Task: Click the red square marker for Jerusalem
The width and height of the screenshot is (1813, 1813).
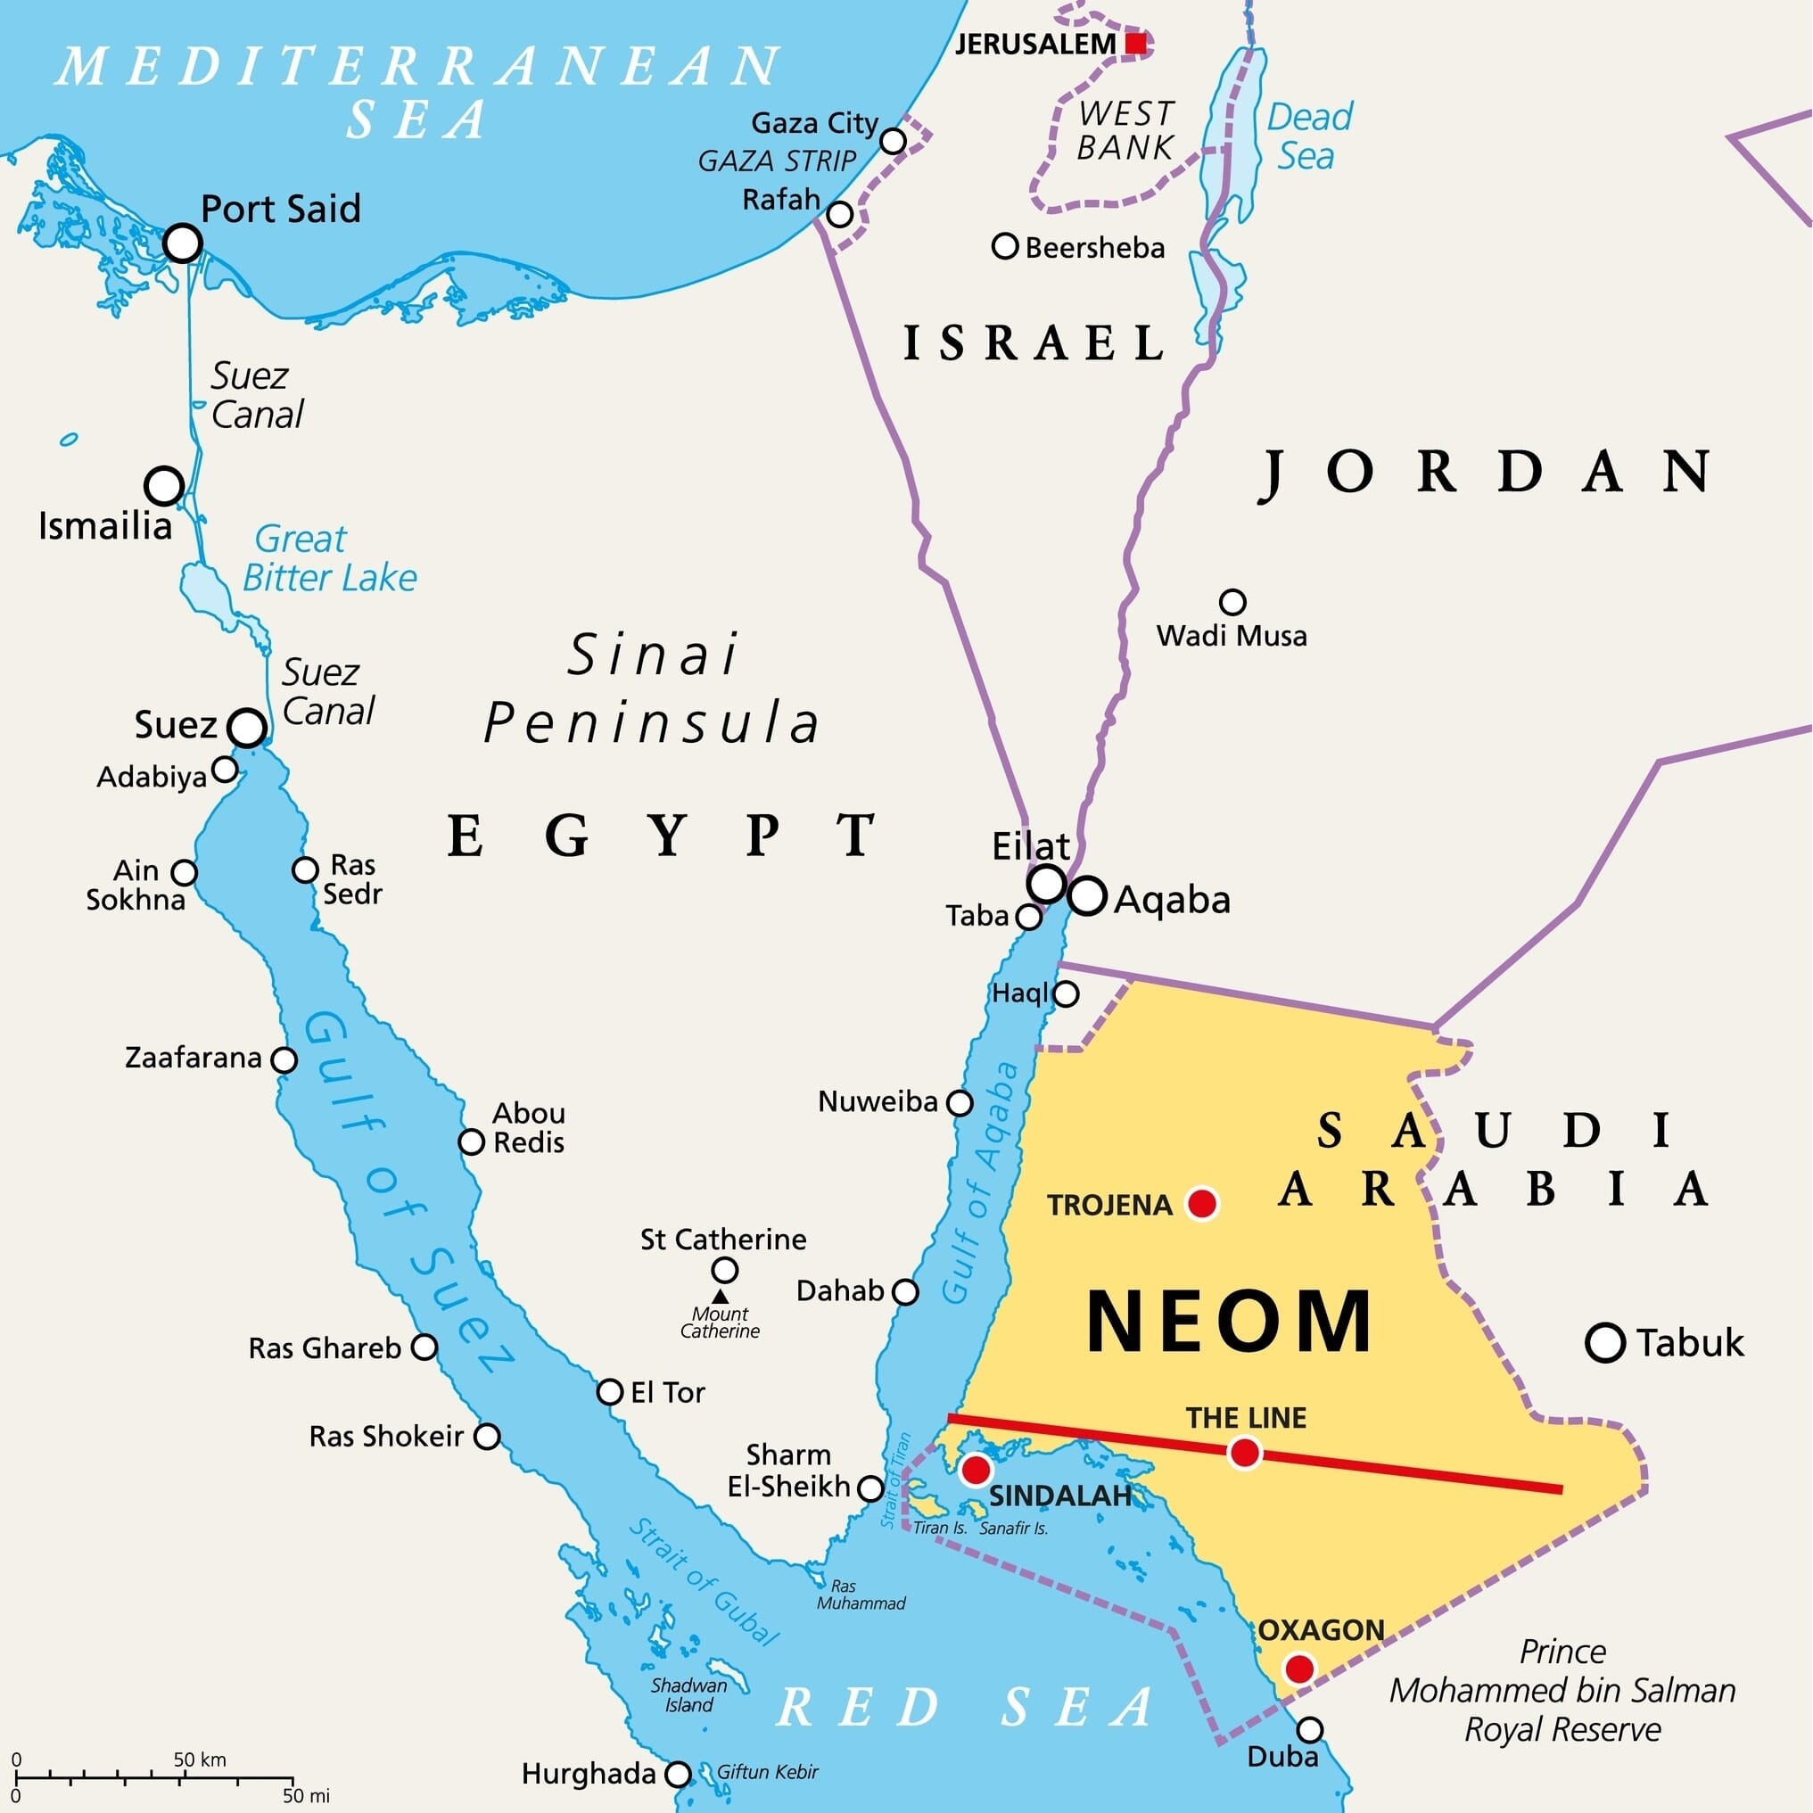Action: point(1135,43)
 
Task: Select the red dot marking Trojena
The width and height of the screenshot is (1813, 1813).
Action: point(1202,1203)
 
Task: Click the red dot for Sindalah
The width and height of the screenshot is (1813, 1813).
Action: point(976,1469)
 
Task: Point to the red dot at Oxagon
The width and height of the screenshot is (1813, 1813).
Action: point(1299,1669)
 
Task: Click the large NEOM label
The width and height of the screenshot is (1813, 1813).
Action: point(1229,1323)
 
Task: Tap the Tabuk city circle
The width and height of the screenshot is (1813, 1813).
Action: point(1604,1343)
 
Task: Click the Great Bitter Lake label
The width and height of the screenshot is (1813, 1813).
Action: point(328,558)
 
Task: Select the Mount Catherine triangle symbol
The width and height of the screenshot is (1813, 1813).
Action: point(720,1296)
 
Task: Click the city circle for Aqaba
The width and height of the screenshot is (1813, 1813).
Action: point(1087,895)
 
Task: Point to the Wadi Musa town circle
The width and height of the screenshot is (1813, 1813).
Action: point(1232,602)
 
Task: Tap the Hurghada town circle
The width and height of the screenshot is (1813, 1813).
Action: point(678,1775)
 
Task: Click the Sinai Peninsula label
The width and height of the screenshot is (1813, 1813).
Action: point(652,688)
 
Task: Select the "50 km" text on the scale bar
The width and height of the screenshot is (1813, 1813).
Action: point(199,1759)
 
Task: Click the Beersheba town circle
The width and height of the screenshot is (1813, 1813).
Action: point(1005,247)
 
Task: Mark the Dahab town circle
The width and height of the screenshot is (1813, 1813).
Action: point(904,1292)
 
